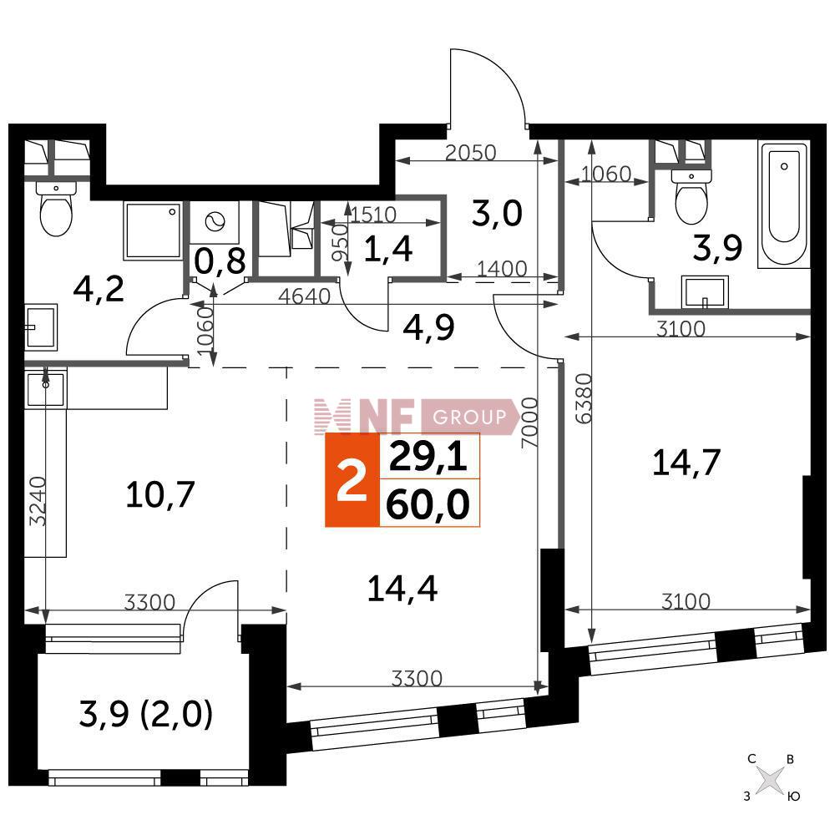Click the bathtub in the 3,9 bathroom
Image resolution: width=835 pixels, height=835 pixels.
pos(784,205)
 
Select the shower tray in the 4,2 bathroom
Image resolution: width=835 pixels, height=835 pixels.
pos(152,230)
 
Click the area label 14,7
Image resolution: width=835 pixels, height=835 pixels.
pos(686,463)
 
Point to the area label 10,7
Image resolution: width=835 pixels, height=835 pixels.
pos(160,494)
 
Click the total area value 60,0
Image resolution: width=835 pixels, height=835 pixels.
pos(428,504)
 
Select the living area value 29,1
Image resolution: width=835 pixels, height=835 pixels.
pos(428,458)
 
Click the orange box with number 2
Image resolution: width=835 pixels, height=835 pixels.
pos(352,480)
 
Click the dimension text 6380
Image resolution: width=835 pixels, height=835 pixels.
pos(584,398)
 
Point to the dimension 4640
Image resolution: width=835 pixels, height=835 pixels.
pos(305,296)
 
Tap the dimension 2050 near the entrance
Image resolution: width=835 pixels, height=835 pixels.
pos(470,153)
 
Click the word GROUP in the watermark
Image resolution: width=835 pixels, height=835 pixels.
pos(469,417)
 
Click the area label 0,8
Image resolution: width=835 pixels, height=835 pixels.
pos(220,261)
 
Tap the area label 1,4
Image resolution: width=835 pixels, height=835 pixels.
pos(388,249)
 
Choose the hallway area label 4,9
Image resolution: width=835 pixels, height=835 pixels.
pos(428,327)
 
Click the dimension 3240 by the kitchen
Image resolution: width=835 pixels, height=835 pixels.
pos(38,501)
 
